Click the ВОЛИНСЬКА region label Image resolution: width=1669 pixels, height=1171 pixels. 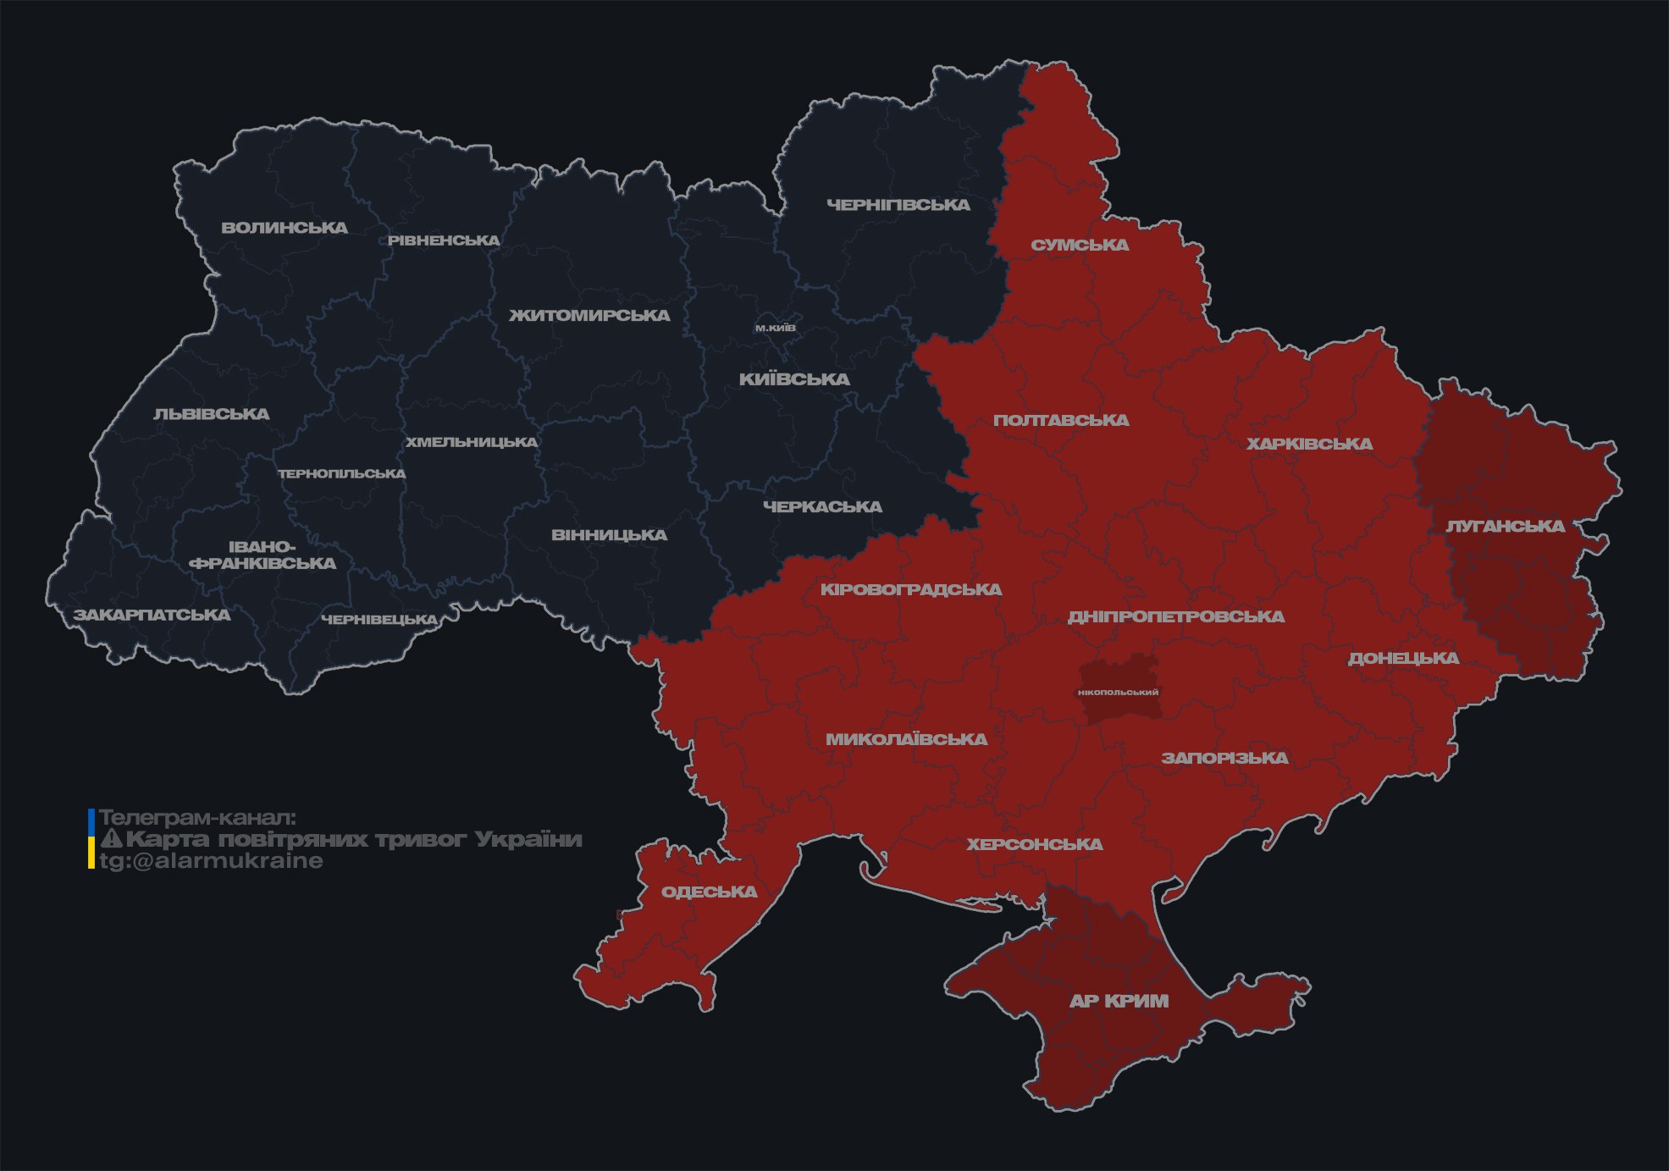285,228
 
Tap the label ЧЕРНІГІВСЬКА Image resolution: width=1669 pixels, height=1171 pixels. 898,205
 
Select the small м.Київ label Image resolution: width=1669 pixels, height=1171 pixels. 775,328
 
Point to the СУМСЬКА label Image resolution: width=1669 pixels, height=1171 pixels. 1080,245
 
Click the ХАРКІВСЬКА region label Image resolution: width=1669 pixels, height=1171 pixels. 1309,444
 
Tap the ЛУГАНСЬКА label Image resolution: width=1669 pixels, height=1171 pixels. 1505,526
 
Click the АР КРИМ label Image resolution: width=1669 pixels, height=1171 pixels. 1119,1001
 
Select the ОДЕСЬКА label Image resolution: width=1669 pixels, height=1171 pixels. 709,892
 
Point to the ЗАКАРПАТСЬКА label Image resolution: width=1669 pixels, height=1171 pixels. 152,615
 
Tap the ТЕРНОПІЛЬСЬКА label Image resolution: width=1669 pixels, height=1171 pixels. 342,473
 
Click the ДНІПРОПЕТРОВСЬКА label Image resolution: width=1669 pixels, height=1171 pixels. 1175,616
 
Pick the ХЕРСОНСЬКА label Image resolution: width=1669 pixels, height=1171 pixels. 1034,844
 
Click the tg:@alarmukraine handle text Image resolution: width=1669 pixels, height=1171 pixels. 211,861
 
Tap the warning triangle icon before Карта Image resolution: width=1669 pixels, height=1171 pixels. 111,839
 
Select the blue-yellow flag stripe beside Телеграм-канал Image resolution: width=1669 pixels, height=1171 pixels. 91,839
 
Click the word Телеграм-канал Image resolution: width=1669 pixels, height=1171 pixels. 197,818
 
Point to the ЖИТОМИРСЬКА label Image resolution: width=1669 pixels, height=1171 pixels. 589,315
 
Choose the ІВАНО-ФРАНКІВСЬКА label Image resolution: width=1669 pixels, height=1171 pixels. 263,555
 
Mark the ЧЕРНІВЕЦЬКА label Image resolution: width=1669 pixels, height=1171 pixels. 379,620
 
